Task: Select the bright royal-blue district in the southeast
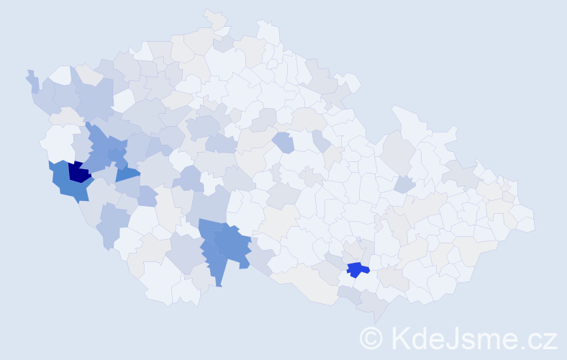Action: point(357,270)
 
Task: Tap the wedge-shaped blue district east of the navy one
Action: point(127,174)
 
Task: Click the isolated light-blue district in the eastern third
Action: point(404,184)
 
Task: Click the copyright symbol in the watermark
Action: point(371,338)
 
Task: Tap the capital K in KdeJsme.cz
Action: point(400,338)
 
